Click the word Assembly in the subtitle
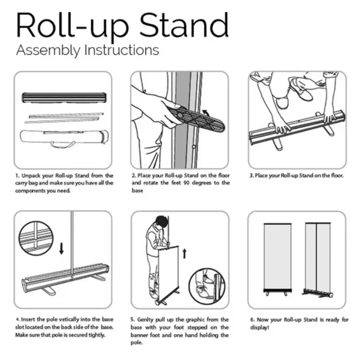49,50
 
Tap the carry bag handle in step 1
63,145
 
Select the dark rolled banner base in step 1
64,98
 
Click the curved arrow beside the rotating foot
206,113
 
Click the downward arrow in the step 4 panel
61,249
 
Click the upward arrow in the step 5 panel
184,254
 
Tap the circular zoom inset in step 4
36,238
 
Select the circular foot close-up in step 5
207,286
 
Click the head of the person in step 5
162,221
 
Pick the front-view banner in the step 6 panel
278,259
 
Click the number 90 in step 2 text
187,183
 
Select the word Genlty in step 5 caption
145,319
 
